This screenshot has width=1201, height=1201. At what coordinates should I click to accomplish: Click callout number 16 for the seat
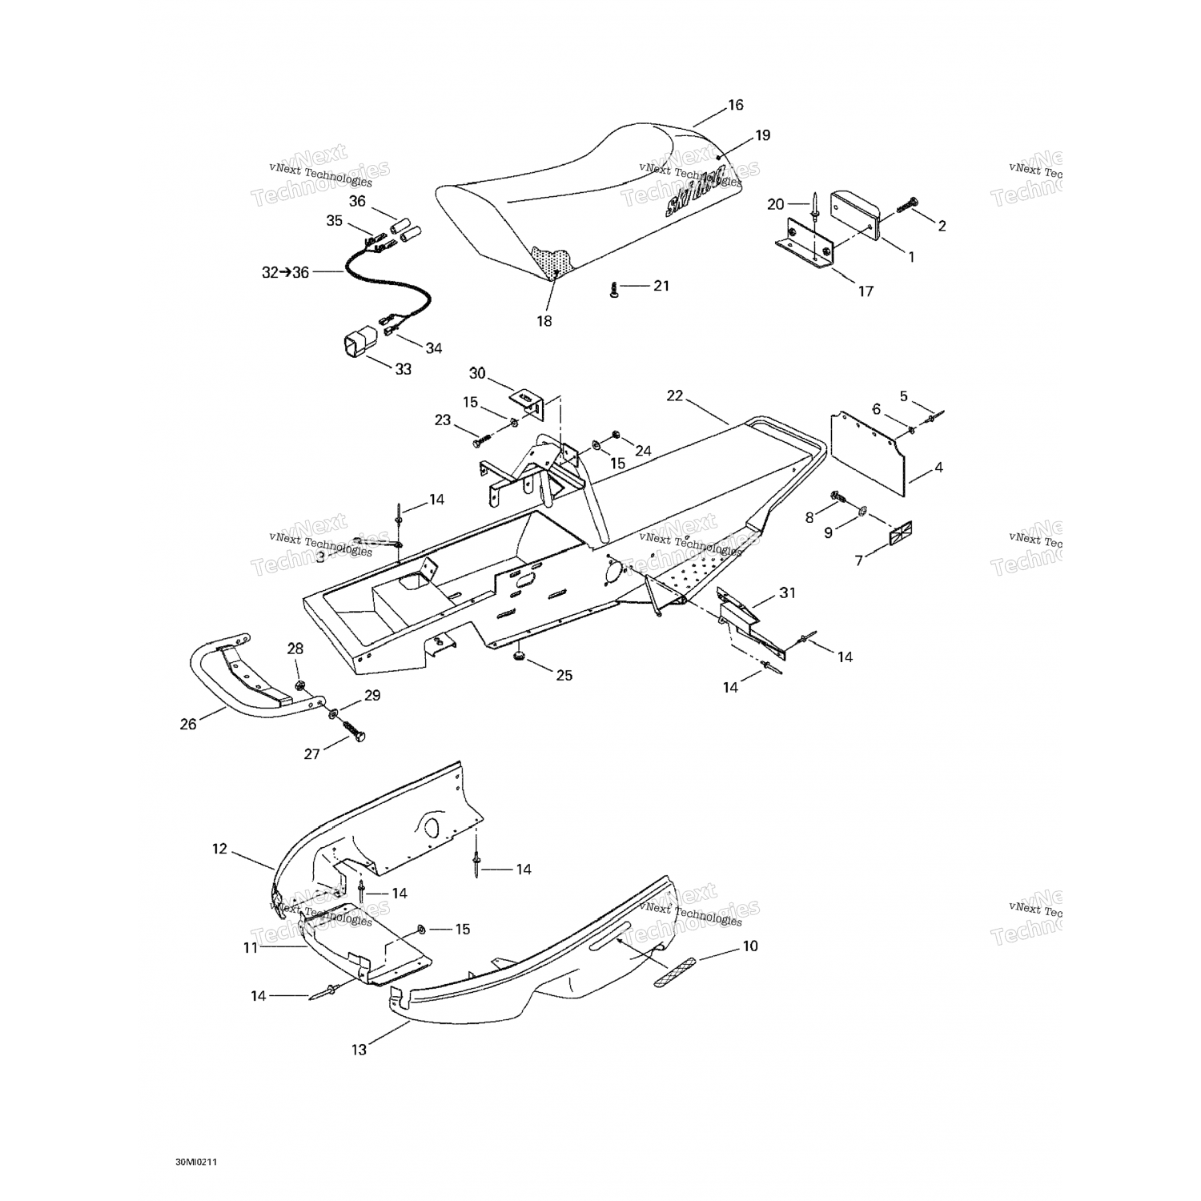tap(735, 105)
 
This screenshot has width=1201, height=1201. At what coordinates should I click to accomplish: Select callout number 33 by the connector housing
tap(403, 369)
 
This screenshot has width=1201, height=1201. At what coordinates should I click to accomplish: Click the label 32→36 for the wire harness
tap(285, 272)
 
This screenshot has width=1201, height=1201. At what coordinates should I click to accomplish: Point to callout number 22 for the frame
tap(675, 396)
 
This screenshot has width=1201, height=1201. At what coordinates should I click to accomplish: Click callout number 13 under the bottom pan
tap(359, 1049)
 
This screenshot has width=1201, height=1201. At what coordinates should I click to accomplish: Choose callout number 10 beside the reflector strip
tap(749, 946)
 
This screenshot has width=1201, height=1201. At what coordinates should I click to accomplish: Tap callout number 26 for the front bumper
tap(188, 725)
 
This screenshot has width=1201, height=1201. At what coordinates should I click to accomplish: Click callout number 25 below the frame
tap(564, 676)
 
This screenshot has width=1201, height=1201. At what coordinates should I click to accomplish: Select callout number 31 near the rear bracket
tap(788, 593)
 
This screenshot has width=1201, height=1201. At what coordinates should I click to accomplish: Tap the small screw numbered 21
tap(614, 290)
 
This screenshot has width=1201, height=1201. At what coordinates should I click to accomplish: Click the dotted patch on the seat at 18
tap(553, 261)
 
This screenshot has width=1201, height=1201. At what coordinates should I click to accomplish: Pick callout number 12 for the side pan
tap(219, 849)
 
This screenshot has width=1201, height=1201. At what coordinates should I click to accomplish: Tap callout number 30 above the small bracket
tap(477, 373)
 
